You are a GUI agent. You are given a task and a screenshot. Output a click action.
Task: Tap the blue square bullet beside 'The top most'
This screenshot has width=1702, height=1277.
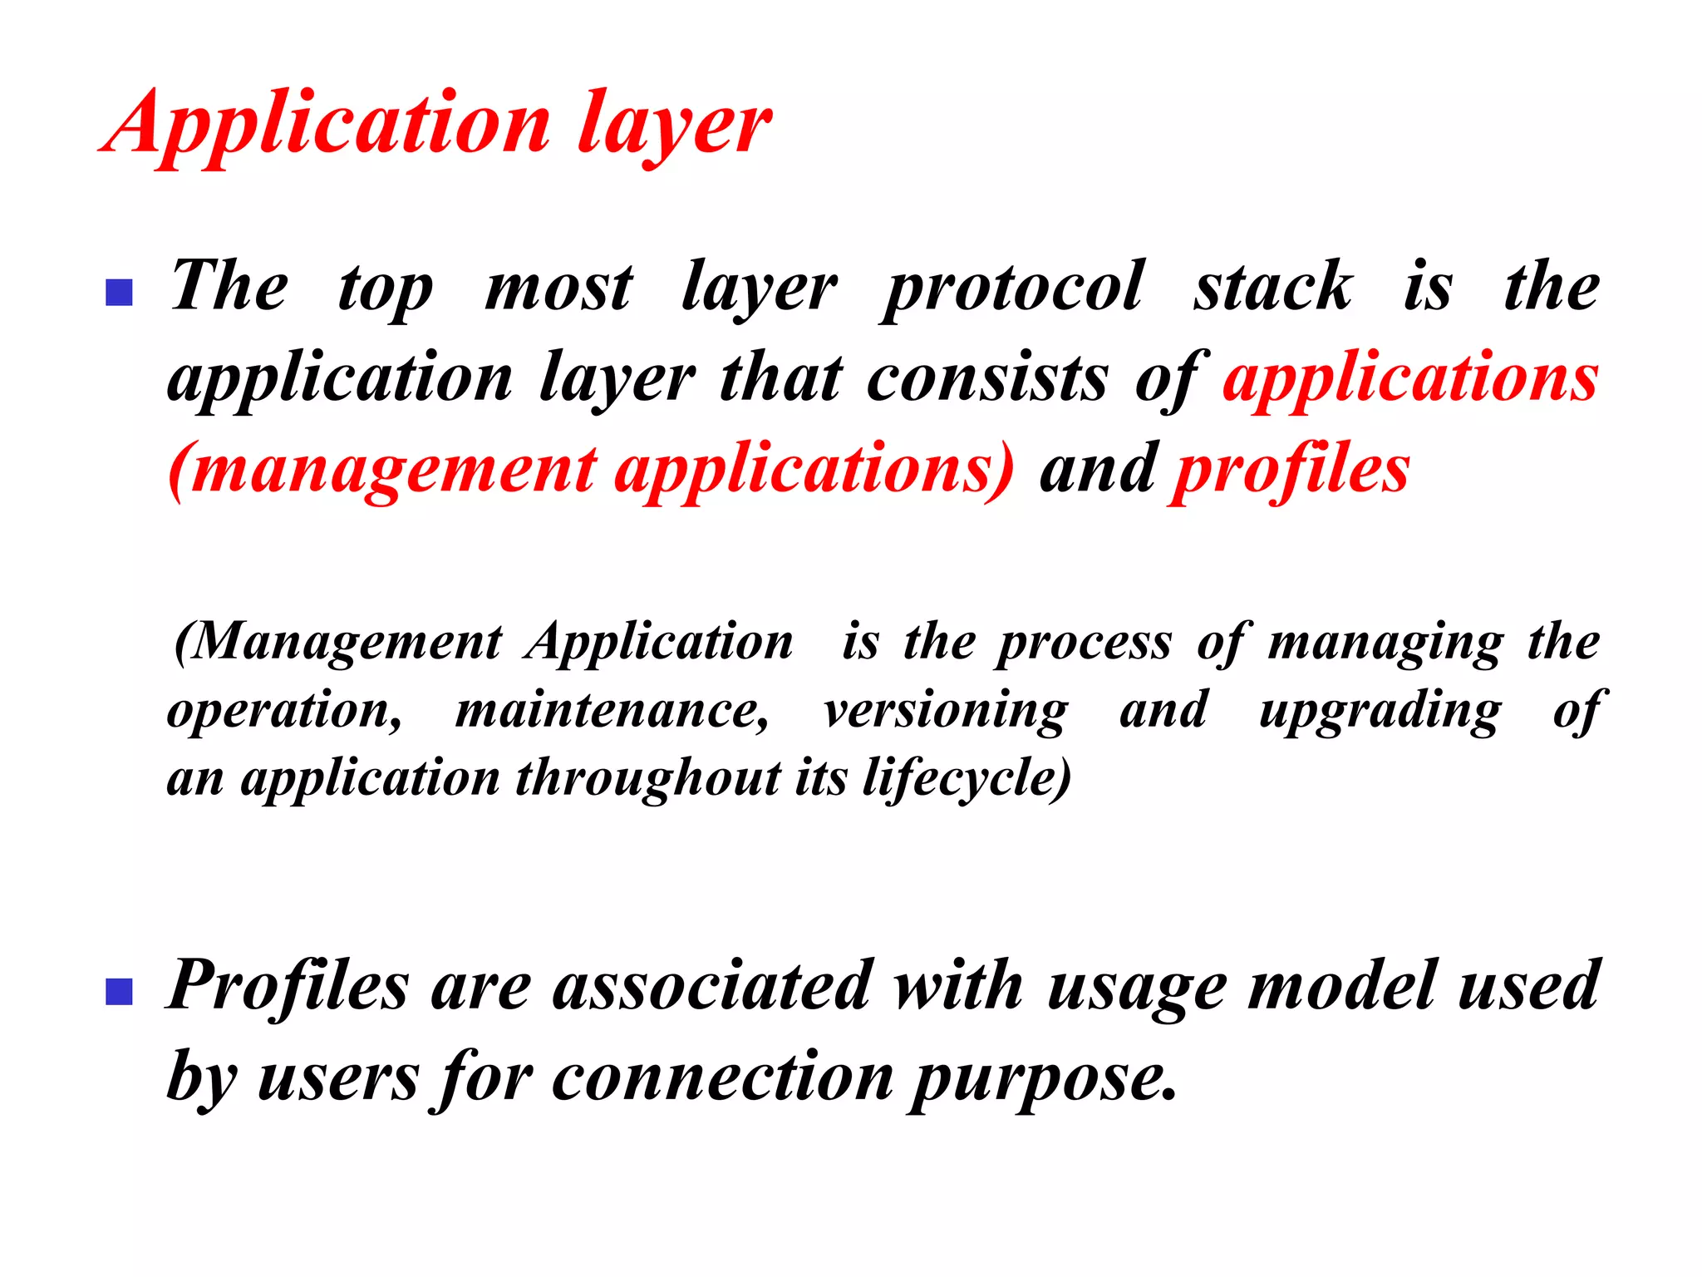[120, 293]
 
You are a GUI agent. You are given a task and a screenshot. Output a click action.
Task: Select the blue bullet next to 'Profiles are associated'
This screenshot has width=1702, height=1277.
[120, 992]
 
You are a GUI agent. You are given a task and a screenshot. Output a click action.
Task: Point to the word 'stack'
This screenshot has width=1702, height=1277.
[1273, 287]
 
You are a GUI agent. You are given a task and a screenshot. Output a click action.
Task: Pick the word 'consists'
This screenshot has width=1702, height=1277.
[987, 379]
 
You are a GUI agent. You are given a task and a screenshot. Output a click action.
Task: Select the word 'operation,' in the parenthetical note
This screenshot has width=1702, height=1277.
[285, 712]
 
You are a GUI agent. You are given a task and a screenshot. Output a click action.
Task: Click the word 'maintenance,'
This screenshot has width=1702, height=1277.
[612, 712]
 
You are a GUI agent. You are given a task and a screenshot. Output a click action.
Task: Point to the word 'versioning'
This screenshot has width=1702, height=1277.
[946, 712]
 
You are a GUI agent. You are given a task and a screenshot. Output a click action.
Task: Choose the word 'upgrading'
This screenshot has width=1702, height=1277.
[1380, 712]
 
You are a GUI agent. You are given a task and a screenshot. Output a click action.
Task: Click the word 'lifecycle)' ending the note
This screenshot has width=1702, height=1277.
[967, 780]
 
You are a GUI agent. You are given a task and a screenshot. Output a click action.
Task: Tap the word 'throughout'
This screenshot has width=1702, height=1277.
[648, 780]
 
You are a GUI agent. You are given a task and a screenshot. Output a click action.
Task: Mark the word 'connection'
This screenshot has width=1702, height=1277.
[722, 1078]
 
